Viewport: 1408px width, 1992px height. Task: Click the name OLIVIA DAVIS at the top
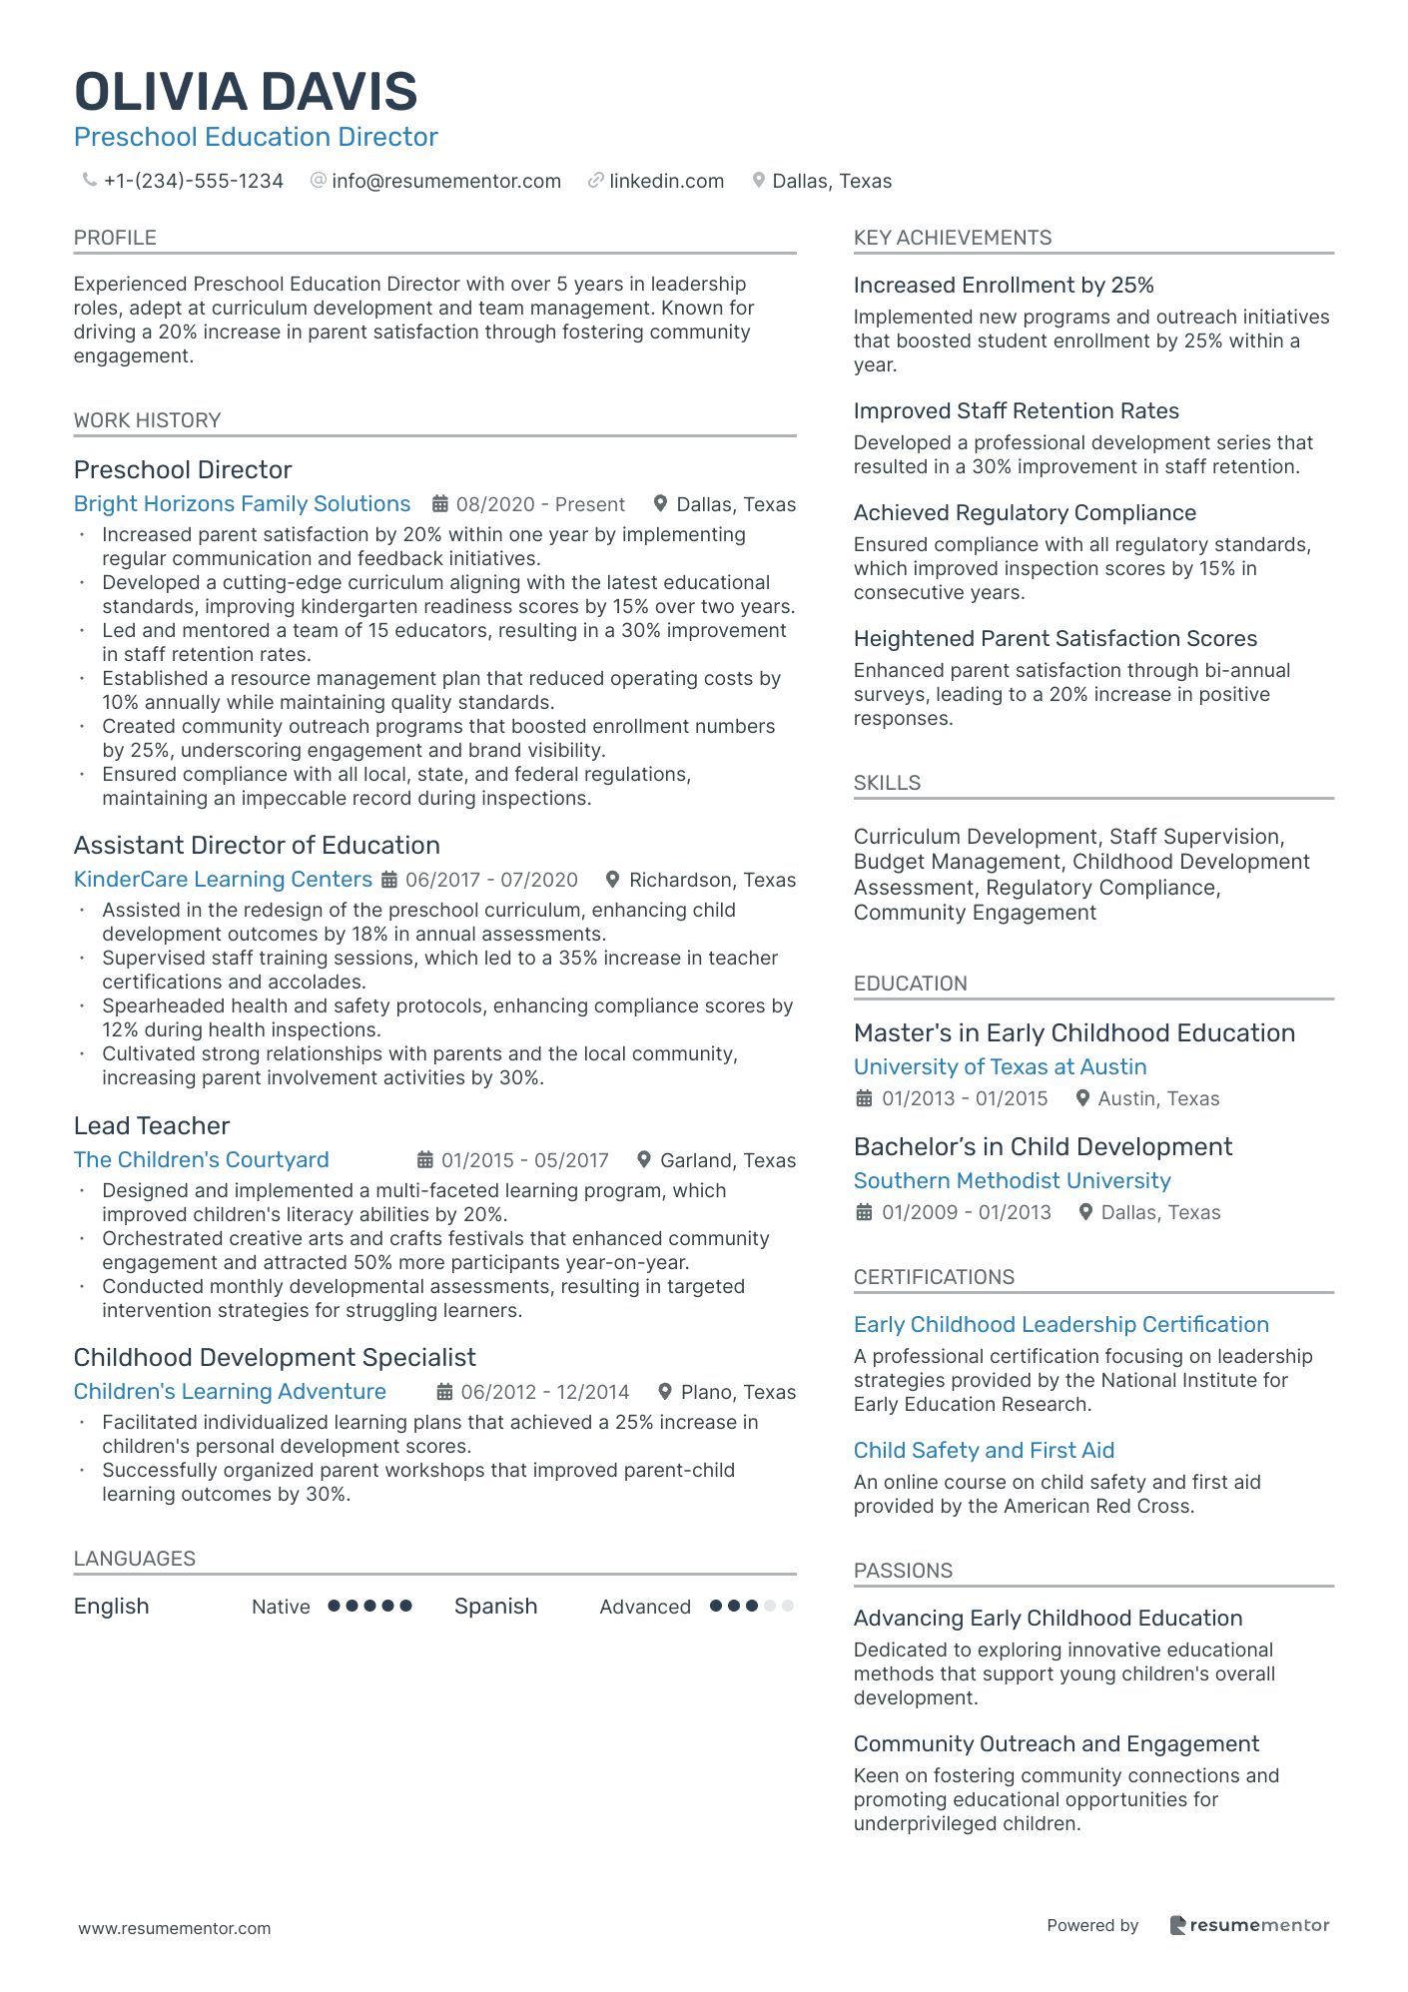coord(246,92)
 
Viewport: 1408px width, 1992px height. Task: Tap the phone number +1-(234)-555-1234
coord(193,181)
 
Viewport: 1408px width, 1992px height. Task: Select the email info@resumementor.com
coord(445,181)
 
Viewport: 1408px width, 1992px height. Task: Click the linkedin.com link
coord(666,181)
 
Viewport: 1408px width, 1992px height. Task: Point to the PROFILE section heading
coord(115,238)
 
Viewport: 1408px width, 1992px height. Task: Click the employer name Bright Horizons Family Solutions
coord(242,504)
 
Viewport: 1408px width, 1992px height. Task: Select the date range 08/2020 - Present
coord(540,504)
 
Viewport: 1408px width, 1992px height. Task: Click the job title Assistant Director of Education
coord(257,846)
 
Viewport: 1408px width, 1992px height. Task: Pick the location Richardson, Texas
coord(712,880)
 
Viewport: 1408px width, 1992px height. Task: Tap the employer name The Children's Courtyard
coord(201,1160)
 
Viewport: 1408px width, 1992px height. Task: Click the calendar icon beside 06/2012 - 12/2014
coord(445,1392)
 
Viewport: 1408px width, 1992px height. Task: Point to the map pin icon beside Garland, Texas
coord(644,1160)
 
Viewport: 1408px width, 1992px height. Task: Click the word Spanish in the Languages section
coord(495,1607)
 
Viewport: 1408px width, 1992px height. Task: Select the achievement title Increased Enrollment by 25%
coord(1003,286)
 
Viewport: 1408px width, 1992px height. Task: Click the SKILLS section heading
coord(887,783)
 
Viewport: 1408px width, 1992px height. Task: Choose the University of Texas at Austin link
coord(1000,1067)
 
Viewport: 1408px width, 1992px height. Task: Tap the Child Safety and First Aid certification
coord(984,1451)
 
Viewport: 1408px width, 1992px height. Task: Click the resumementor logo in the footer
coord(1249,1925)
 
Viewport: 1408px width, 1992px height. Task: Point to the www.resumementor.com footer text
coord(175,1928)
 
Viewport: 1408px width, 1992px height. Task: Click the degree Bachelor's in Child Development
coord(1043,1147)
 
